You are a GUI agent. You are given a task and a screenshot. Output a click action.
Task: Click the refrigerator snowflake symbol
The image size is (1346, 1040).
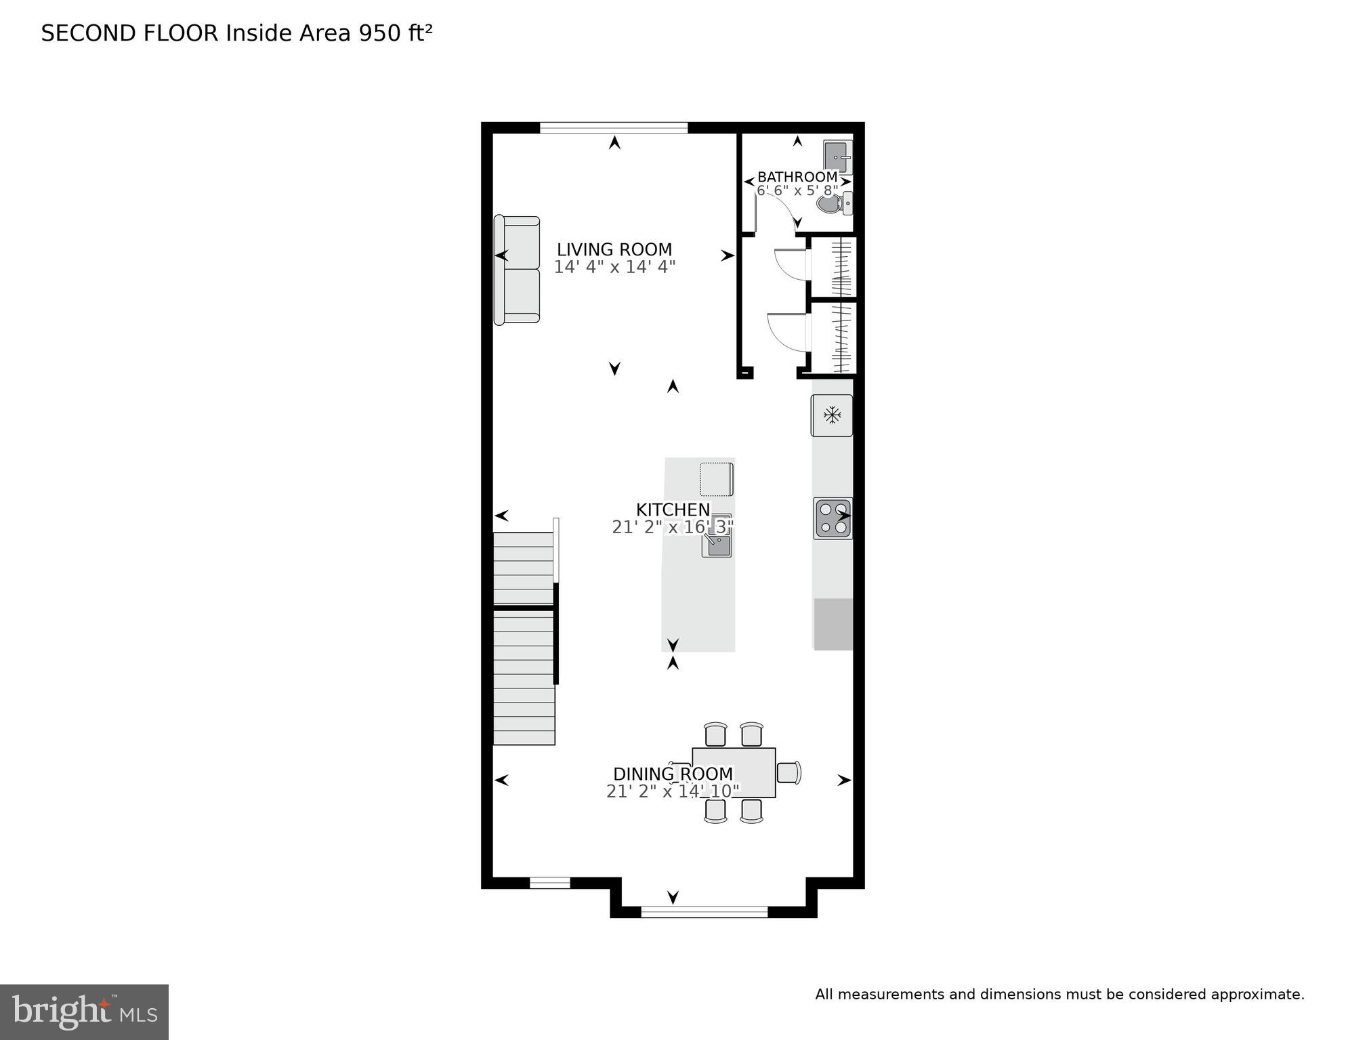click(x=832, y=415)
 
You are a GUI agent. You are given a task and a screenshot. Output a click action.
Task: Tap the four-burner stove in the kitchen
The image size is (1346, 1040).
click(x=833, y=518)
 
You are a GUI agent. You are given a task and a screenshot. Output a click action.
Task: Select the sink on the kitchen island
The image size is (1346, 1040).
click(x=716, y=543)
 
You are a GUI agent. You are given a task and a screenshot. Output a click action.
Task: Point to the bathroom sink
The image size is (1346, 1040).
click(x=839, y=157)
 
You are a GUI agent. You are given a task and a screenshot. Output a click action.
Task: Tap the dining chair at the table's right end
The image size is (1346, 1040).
click(x=788, y=772)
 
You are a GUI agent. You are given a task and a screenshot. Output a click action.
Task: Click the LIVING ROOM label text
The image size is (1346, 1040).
click(x=614, y=249)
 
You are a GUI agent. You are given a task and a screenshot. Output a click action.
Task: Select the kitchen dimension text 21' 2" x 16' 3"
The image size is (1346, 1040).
click(x=673, y=527)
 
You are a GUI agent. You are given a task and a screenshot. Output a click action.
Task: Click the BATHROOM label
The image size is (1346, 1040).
click(x=797, y=177)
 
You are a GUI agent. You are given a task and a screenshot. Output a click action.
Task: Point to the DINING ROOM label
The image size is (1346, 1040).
click(x=673, y=774)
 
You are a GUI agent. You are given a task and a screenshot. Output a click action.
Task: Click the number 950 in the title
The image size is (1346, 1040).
click(x=379, y=33)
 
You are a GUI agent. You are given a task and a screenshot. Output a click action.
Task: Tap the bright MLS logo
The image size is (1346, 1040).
click(x=84, y=1012)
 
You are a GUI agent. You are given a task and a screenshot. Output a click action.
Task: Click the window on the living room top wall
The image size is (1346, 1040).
click(x=614, y=127)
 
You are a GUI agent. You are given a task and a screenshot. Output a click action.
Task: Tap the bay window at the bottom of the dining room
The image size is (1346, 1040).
click(x=704, y=912)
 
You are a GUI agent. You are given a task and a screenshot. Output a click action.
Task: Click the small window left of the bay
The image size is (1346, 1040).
click(x=549, y=882)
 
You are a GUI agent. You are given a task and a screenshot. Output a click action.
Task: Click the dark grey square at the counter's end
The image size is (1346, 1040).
click(x=833, y=624)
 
